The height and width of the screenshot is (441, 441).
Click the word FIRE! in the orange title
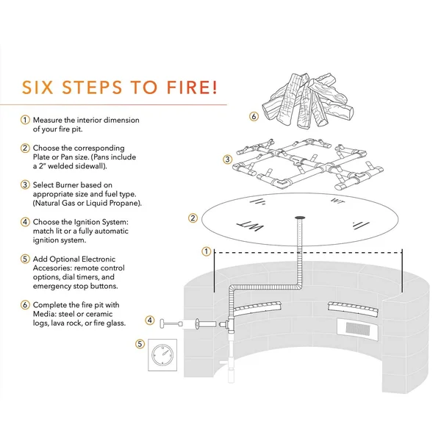tap(193, 87)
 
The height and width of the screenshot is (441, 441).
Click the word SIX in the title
tap(37, 87)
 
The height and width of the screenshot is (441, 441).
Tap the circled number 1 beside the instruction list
tap(25, 120)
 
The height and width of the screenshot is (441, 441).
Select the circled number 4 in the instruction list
tap(25, 222)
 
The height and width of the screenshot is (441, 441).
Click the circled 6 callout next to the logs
tap(254, 116)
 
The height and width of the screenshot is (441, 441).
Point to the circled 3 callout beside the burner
tap(227, 159)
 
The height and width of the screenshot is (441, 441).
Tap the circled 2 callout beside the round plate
tap(193, 218)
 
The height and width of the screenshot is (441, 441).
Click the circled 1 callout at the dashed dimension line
tap(207, 251)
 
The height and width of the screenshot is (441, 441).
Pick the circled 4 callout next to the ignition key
tap(150, 320)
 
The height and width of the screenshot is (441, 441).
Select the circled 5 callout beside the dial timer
tap(140, 344)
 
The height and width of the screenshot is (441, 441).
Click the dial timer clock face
tap(162, 355)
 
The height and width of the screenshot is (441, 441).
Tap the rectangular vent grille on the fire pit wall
tap(357, 329)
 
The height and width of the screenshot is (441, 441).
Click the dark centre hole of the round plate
tap(301, 218)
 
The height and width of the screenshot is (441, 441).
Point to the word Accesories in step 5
tap(52, 268)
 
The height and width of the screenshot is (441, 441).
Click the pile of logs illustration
tap(308, 101)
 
